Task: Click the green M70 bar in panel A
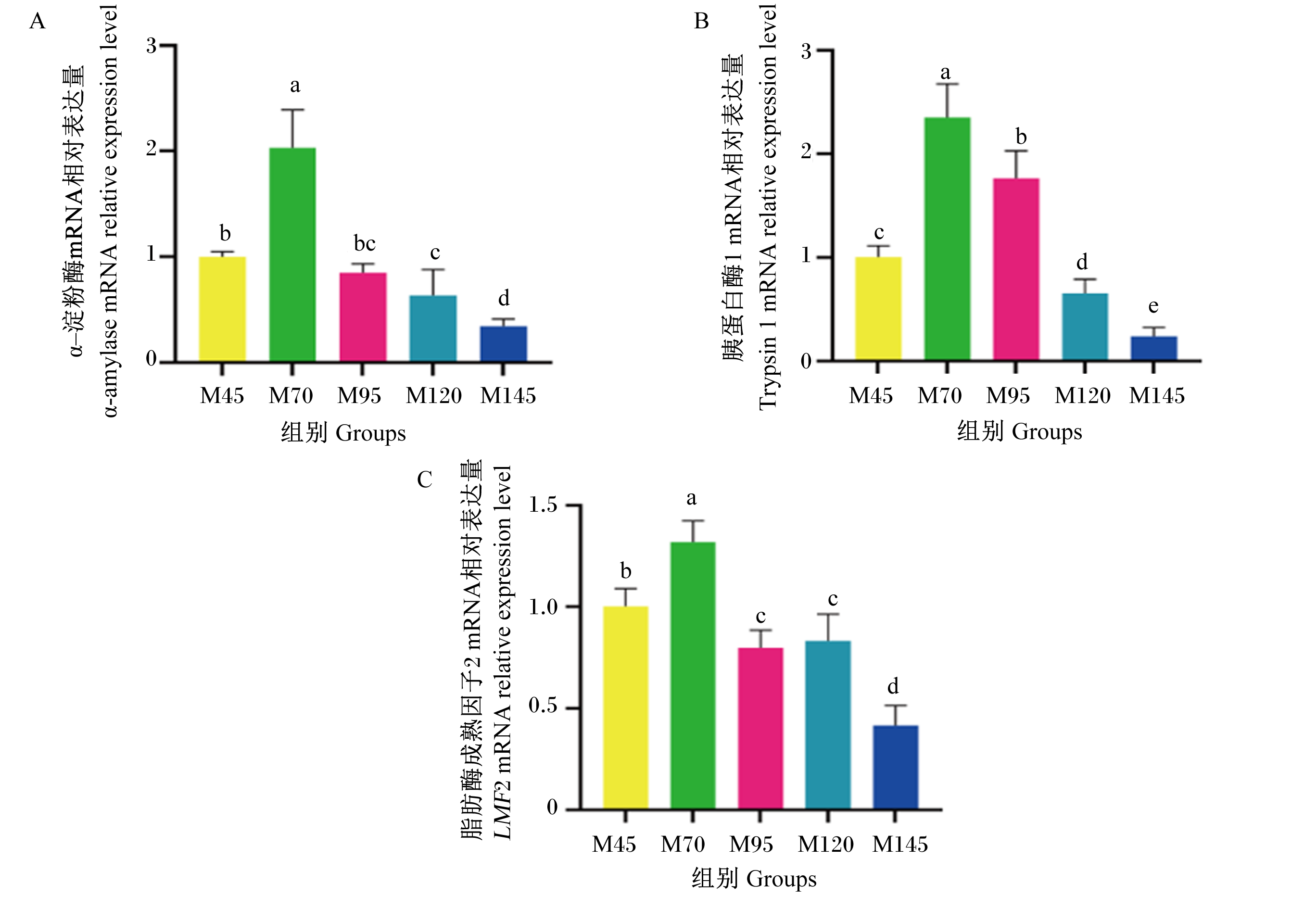click(292, 254)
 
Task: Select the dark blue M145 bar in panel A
click(503, 343)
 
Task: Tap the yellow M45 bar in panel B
click(878, 308)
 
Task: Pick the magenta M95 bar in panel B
click(1016, 269)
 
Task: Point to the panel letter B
click(701, 21)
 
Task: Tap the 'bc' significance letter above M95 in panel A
click(365, 243)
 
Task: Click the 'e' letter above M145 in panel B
click(1153, 306)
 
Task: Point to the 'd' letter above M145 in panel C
click(893, 686)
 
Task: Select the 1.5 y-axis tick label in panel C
click(543, 504)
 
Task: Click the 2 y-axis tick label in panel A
click(151, 149)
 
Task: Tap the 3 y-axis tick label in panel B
click(806, 51)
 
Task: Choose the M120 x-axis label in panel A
click(433, 395)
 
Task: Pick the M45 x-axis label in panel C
click(614, 844)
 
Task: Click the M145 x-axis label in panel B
click(1156, 395)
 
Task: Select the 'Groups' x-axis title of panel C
click(782, 879)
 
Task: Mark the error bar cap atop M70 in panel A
click(292, 110)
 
